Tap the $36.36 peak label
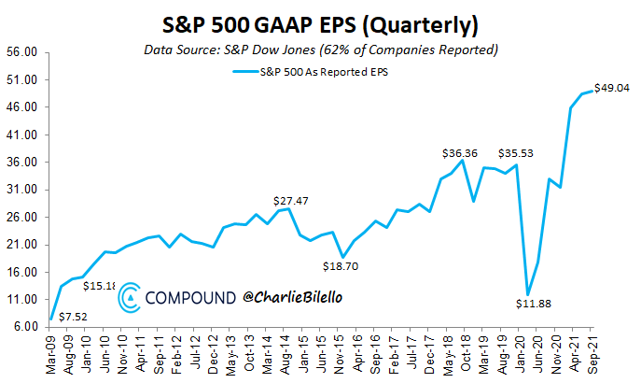click(461, 151)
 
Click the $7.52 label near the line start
click(75, 316)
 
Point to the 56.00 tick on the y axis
click(21, 52)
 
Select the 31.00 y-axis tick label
click(21, 190)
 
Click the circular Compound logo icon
click(130, 297)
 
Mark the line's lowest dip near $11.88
click(529, 294)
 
